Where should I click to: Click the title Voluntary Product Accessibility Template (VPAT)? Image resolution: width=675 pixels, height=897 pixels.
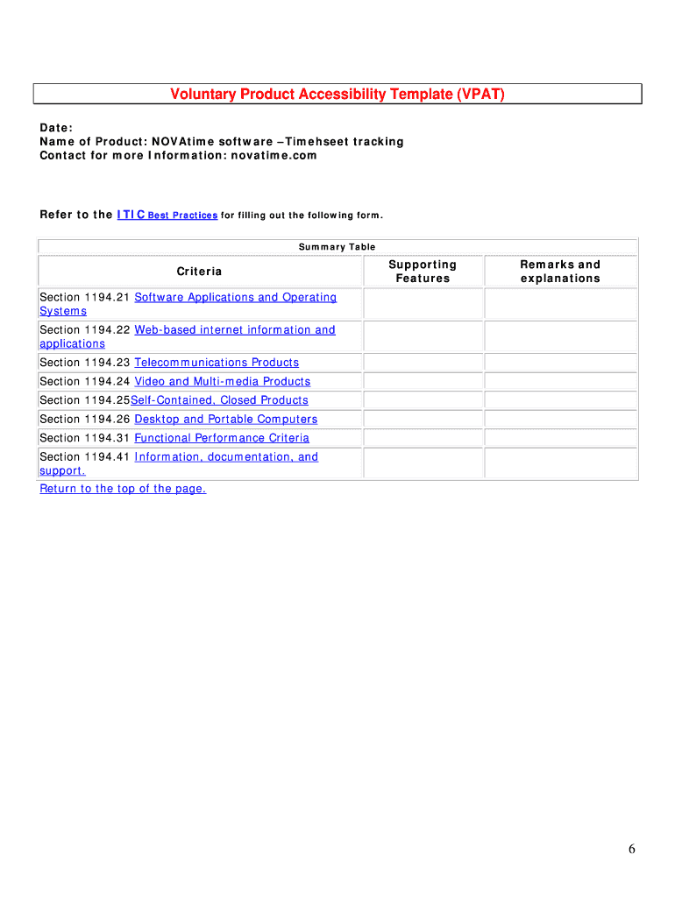tap(337, 95)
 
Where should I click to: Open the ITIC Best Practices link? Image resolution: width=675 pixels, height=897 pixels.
tap(167, 215)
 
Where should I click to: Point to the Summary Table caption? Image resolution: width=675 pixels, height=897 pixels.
tap(337, 247)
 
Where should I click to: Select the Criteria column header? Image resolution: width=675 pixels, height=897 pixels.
tap(200, 272)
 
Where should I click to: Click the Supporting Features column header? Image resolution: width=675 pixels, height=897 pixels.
tap(423, 272)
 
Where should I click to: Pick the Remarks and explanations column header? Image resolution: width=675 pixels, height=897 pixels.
tap(560, 272)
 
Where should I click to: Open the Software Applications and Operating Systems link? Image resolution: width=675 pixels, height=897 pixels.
tap(235, 298)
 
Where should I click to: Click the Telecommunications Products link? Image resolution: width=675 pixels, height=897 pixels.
tap(217, 363)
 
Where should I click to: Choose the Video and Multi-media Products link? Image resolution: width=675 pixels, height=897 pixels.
tap(222, 382)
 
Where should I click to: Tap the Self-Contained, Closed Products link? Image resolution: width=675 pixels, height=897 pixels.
tap(219, 400)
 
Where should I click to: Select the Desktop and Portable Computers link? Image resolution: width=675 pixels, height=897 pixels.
tap(225, 420)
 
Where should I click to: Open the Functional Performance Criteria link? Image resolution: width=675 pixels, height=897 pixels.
tap(221, 438)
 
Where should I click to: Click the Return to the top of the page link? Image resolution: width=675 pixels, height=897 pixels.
tap(123, 489)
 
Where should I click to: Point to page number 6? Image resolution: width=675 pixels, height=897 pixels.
tap(631, 849)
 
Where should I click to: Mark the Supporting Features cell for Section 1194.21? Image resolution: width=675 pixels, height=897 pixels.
tap(423, 304)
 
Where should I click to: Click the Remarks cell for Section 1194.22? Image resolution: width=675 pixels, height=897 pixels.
tap(560, 336)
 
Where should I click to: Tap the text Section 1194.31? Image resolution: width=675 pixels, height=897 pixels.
tap(84, 438)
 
